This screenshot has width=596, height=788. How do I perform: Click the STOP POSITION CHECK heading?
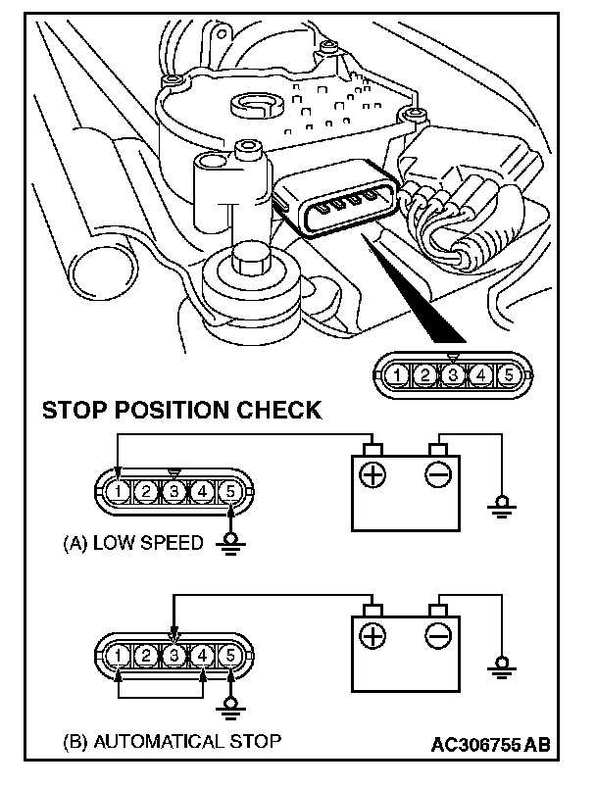[x=181, y=410]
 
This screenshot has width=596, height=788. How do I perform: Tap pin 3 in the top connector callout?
[x=451, y=373]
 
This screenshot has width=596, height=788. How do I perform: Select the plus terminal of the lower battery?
[x=373, y=637]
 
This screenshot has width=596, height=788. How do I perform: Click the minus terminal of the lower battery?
[x=437, y=637]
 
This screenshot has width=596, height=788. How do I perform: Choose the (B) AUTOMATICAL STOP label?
[x=172, y=740]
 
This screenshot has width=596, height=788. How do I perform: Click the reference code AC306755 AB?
[x=490, y=744]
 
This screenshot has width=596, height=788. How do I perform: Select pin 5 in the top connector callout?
[x=507, y=373]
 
